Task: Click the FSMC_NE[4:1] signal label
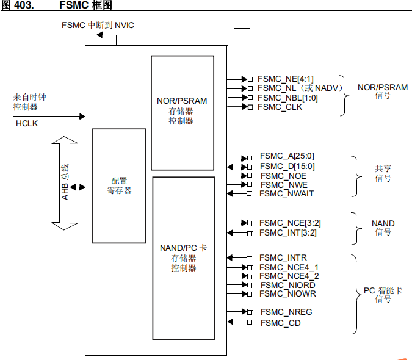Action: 286,79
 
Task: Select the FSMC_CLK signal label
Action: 281,107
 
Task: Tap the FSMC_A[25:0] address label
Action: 287,156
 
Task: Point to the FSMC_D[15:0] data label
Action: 287,166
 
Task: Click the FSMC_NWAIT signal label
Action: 286,193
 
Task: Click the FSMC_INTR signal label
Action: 283,257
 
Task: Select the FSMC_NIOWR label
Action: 287,294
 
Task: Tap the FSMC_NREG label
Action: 286,312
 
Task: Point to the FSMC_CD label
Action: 280,323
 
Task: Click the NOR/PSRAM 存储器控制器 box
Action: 182,112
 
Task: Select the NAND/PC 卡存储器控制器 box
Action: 183,257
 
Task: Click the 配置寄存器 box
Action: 119,185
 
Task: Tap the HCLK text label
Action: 26,123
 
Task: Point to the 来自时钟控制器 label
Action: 29,102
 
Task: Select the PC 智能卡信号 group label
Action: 383,295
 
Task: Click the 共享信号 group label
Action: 383,173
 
